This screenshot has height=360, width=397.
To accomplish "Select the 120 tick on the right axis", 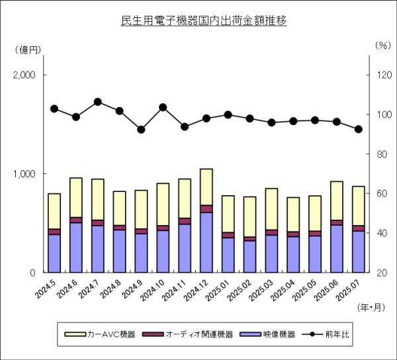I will coord(382,75).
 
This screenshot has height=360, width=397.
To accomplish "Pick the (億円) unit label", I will coord(27,49).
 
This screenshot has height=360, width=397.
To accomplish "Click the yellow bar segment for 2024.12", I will coord(206,187).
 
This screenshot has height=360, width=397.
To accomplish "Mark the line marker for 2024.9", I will coord(141,130).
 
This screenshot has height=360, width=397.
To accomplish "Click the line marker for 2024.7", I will coord(98,102).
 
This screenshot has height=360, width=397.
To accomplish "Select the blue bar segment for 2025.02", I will coord(249,256).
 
